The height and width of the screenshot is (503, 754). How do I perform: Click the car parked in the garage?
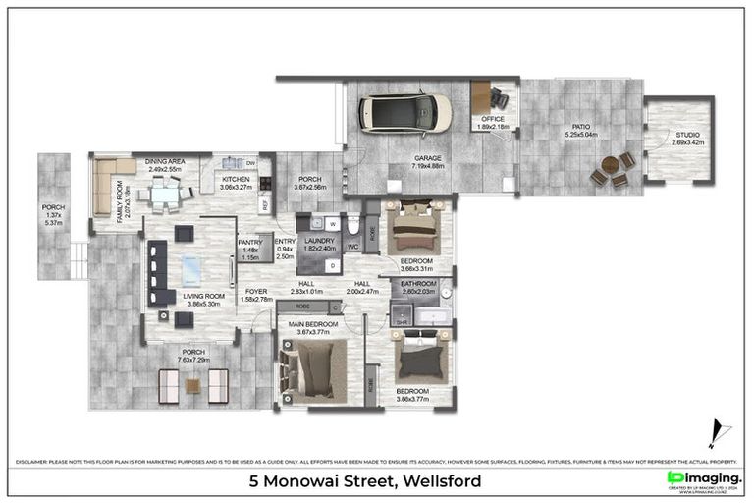point(405,113)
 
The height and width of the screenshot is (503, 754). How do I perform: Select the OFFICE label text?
point(492,119)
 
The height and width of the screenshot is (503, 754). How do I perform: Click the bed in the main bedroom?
point(313,371)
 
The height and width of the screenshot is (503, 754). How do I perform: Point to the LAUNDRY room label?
point(319,240)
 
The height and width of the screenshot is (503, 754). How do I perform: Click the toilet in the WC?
point(353,225)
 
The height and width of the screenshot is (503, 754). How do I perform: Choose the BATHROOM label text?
point(416,283)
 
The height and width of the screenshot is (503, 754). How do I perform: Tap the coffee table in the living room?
point(189,268)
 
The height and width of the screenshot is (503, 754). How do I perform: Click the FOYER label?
point(255,291)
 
